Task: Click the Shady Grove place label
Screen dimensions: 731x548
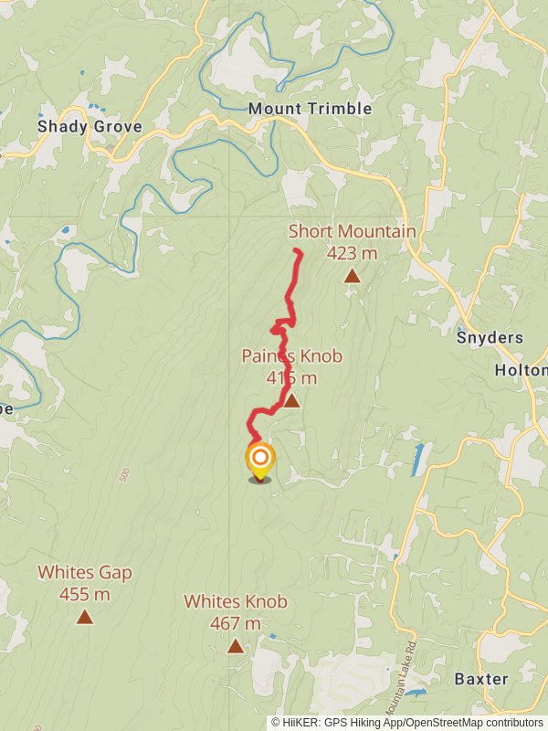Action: pos(90,127)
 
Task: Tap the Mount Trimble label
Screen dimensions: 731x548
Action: pos(311,109)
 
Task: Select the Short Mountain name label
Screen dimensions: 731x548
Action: pos(352,231)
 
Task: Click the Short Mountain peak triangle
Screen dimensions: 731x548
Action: pos(352,275)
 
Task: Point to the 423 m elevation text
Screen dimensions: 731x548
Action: pos(352,253)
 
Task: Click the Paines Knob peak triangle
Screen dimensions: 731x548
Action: pos(290,400)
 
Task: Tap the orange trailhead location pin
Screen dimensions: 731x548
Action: pos(260,460)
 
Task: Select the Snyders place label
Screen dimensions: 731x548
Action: pos(490,337)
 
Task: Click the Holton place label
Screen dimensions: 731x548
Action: pos(520,370)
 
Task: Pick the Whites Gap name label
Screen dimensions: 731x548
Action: pos(85,573)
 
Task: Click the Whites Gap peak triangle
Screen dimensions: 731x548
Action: pos(85,617)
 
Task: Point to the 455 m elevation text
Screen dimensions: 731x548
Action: pos(85,595)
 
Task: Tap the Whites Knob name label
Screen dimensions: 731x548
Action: pos(236,602)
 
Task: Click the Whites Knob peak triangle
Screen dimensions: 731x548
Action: pos(236,646)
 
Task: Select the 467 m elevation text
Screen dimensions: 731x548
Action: pos(236,624)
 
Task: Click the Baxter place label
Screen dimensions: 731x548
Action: pos(480,679)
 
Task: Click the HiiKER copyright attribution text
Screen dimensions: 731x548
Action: pos(406,722)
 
